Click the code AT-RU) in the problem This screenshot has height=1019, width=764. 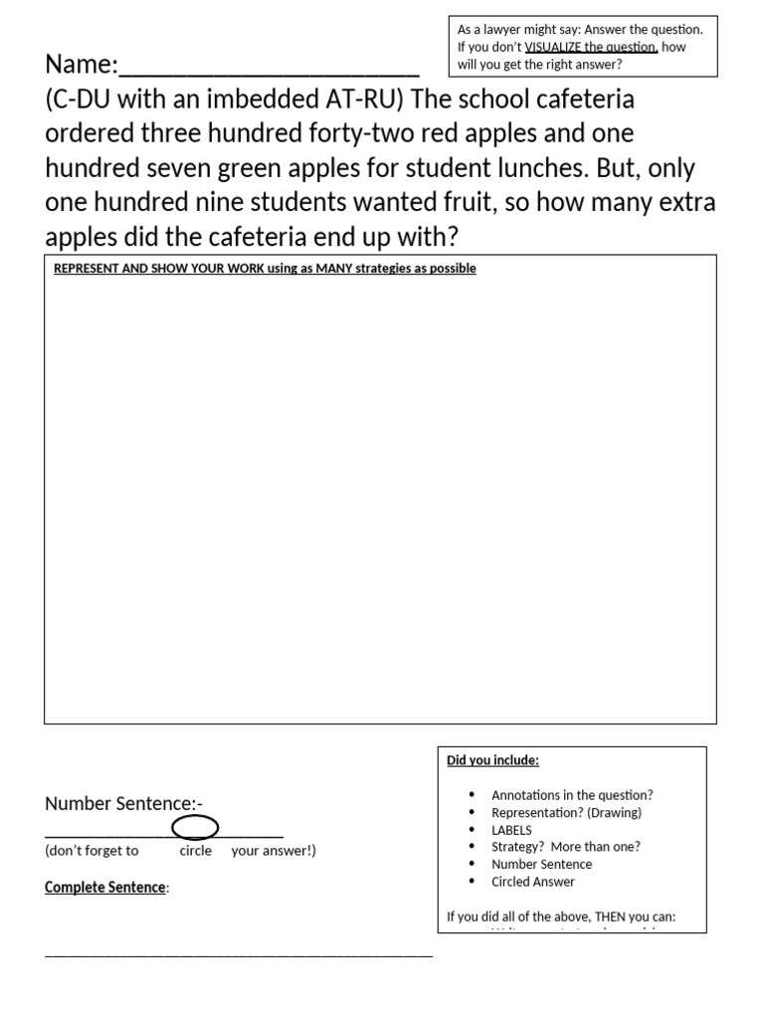(x=357, y=101)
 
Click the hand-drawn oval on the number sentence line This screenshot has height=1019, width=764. (x=195, y=827)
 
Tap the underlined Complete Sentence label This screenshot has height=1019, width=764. (x=105, y=887)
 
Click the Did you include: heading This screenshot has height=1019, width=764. (x=492, y=760)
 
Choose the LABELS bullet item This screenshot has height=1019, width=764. (x=511, y=830)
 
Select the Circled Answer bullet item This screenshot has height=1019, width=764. (x=532, y=882)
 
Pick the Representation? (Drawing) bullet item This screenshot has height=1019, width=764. (x=566, y=812)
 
